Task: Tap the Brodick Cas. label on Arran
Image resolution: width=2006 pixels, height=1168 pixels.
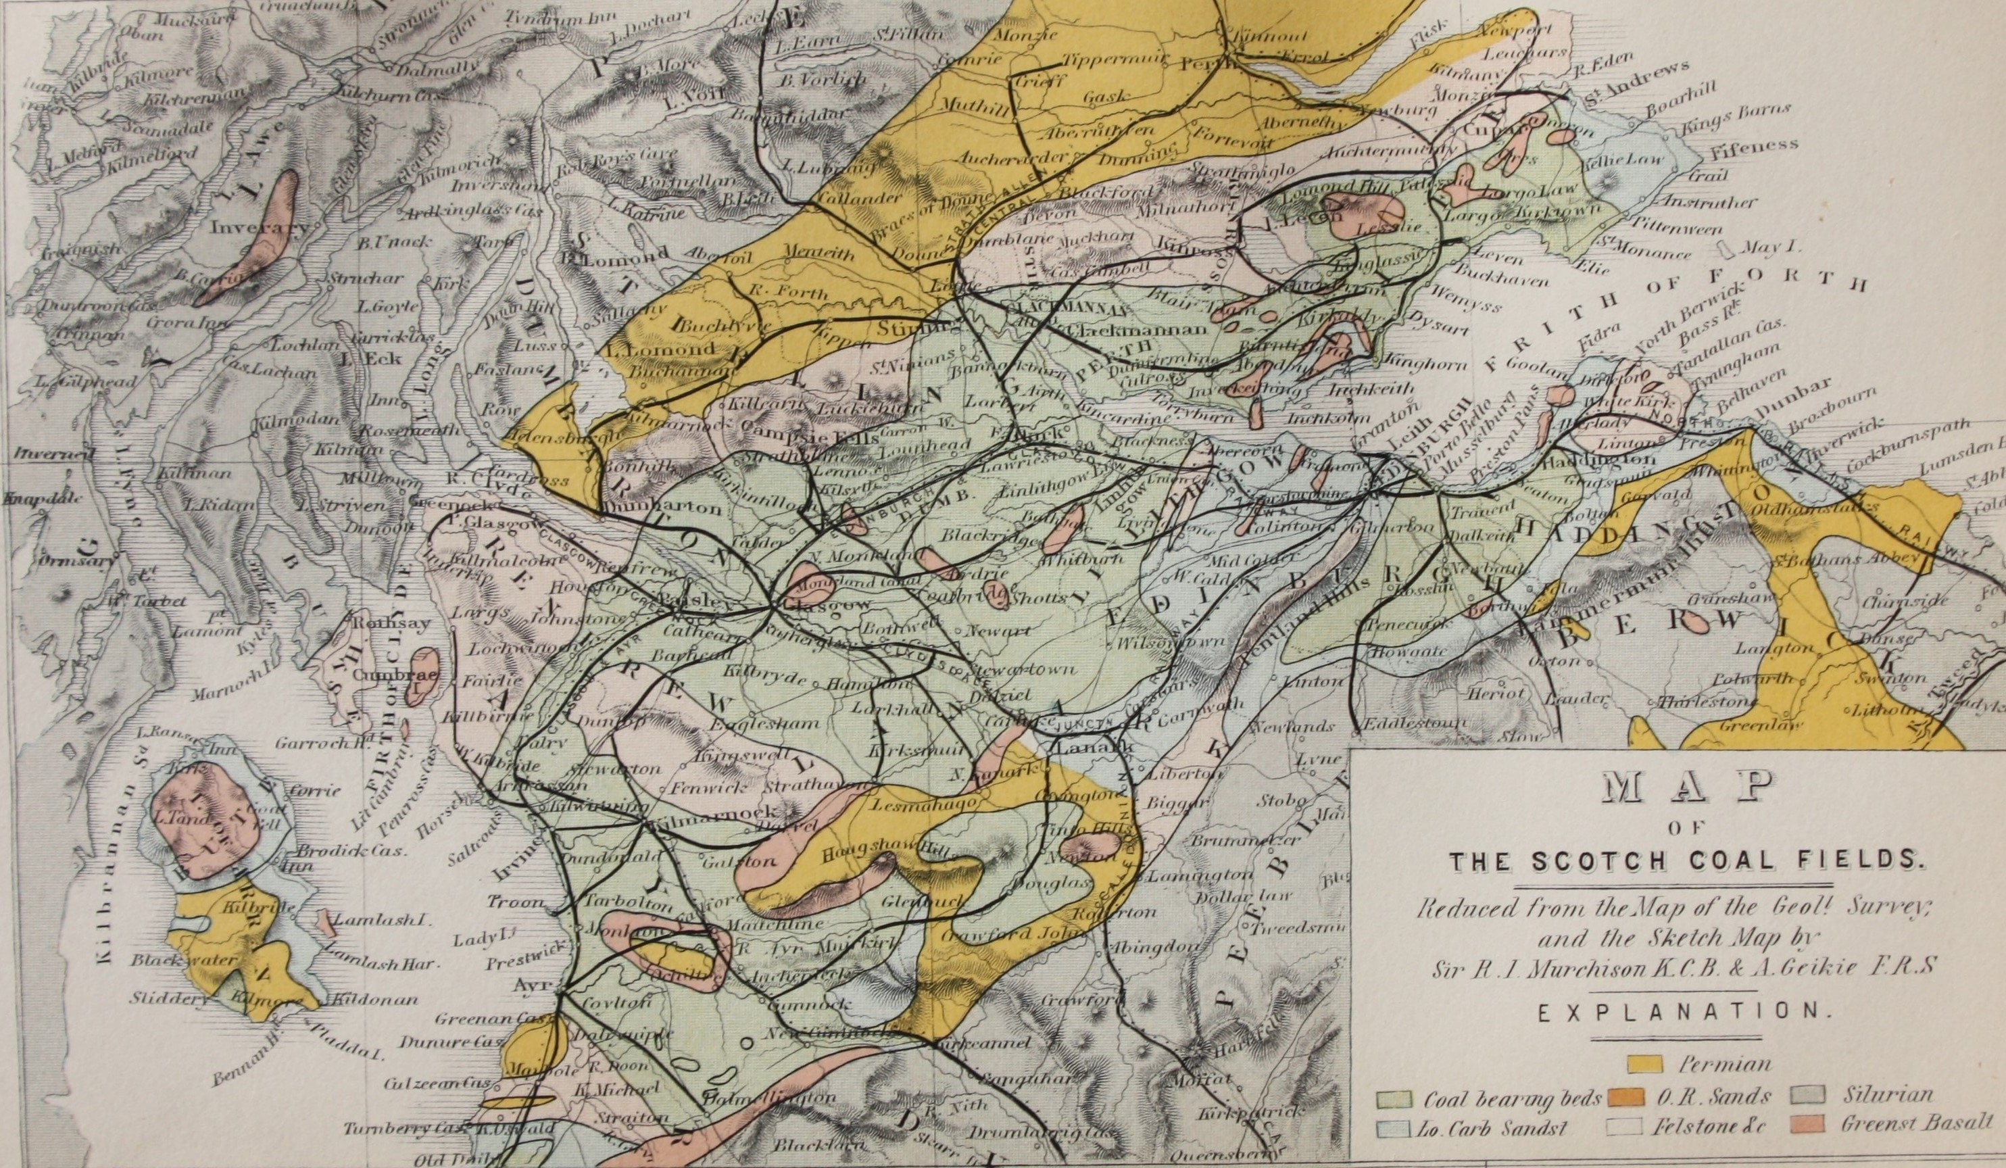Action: click(x=366, y=850)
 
